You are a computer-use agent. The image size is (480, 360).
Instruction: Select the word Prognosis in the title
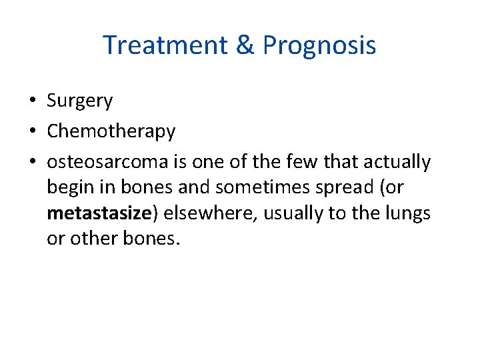coord(319,45)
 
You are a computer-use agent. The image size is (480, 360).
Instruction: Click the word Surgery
coord(80,101)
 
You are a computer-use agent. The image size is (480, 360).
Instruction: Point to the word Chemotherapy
coord(111,131)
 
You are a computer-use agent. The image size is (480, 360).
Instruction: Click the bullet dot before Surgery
coord(32,101)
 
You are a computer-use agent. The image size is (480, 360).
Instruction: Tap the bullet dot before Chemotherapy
coord(32,131)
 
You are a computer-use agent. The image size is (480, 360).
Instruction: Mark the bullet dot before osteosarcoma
coord(32,162)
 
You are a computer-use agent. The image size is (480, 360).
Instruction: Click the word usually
coord(286,213)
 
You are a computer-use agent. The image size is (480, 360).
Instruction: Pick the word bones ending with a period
coord(152,239)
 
